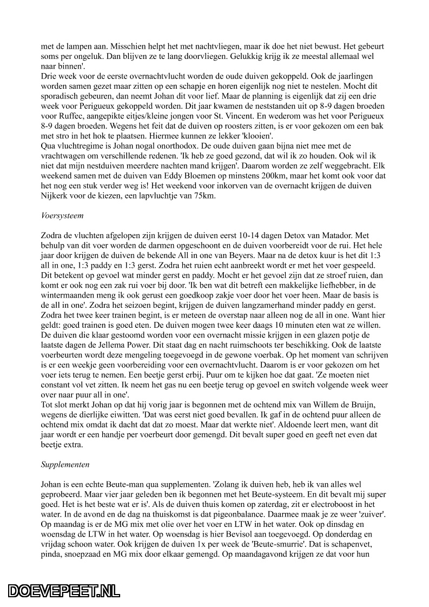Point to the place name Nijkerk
(55, 196)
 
